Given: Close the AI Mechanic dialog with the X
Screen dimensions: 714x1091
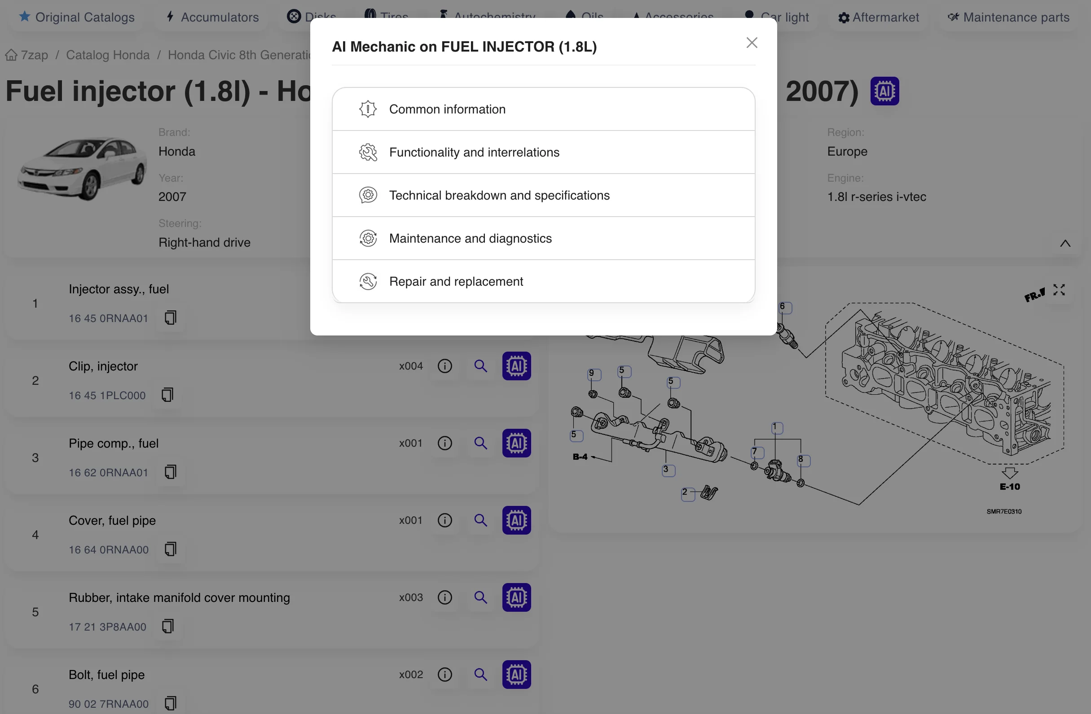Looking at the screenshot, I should coord(751,43).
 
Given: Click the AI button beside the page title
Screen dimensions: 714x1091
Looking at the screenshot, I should coord(884,91).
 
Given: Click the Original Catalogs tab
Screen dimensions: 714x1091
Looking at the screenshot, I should coord(77,17).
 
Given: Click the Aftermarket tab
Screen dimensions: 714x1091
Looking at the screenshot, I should coord(878,17).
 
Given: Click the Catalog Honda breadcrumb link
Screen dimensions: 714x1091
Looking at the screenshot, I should coord(108,55).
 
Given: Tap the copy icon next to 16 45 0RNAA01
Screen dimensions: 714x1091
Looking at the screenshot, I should coord(171,318).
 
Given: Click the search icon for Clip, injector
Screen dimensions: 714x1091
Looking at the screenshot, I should coord(480,366).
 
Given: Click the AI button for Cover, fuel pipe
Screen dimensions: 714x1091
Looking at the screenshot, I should coord(516,520).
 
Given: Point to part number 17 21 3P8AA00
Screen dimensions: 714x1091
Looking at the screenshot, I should coord(107,627).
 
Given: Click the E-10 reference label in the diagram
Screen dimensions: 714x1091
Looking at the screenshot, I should coord(1010,486).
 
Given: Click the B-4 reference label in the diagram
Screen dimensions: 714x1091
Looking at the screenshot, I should coord(580,457).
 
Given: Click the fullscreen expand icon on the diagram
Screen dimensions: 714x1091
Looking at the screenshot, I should coord(1059,290).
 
